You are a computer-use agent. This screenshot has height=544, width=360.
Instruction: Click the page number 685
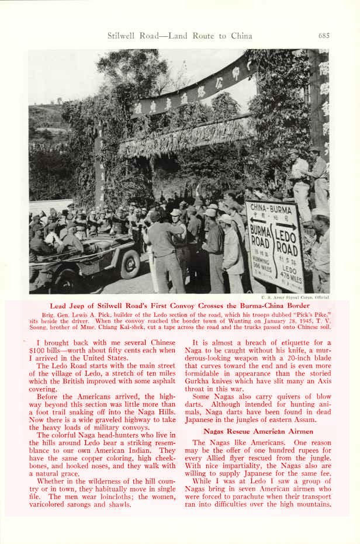click(324, 36)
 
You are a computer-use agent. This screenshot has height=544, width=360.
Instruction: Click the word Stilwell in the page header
click(122, 36)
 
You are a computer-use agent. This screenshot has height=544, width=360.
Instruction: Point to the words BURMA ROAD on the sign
click(261, 235)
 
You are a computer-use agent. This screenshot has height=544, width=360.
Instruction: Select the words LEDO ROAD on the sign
click(287, 241)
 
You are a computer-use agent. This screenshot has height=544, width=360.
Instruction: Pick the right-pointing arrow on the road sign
click(286, 225)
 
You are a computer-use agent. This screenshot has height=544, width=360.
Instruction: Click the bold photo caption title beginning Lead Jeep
click(179, 306)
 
